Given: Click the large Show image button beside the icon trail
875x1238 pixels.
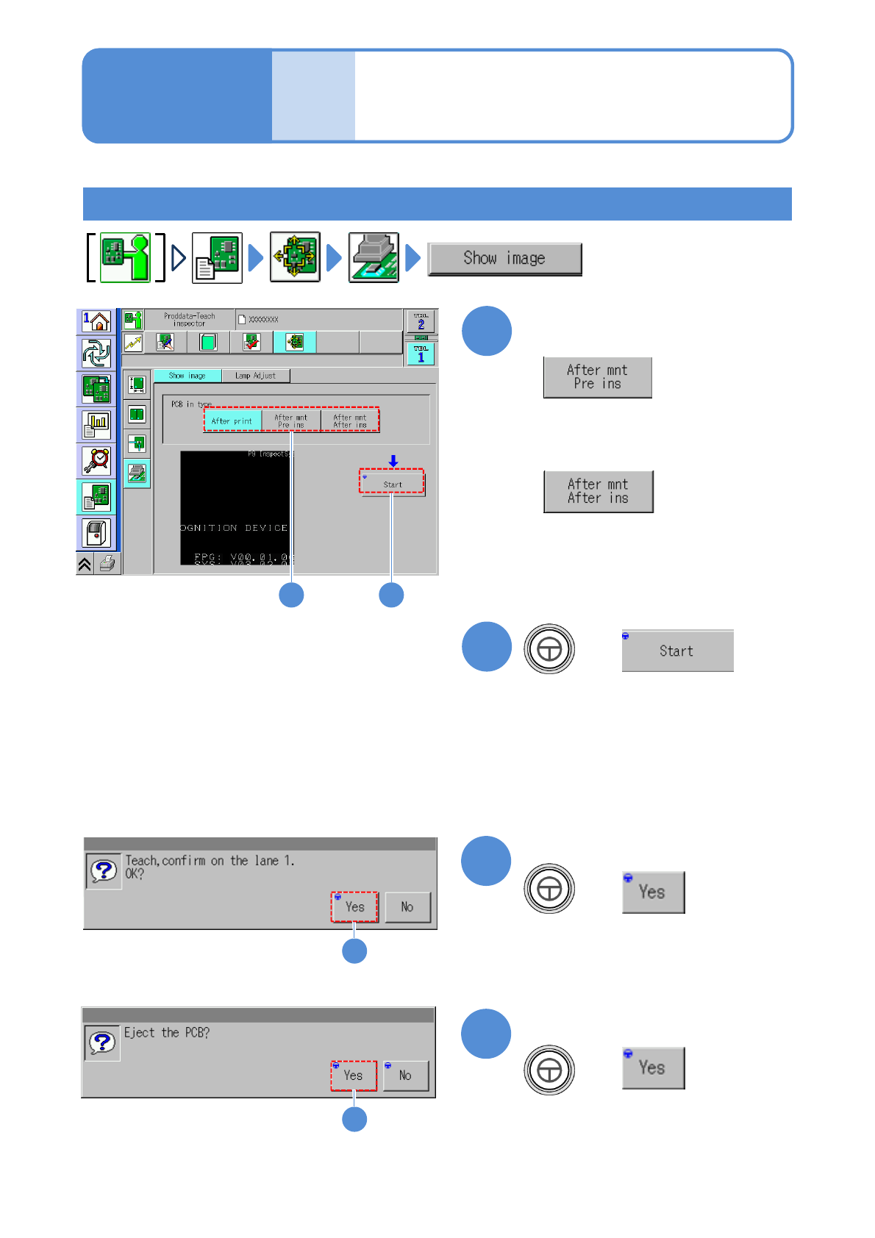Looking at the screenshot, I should pos(504,259).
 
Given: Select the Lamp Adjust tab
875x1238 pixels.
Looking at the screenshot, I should pos(255,376).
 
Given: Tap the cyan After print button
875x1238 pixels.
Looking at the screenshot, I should pos(232,421).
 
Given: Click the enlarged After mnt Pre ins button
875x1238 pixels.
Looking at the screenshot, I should pos(597,377).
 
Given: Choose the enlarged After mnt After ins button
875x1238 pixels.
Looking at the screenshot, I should pos(598,491).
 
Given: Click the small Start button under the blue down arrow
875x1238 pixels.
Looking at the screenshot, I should pos(393,484).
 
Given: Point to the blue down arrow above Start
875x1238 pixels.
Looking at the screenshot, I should pos(393,461).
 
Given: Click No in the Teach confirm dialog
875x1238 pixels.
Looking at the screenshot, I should pos(407,907).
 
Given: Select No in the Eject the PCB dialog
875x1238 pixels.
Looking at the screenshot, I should pos(405,1076).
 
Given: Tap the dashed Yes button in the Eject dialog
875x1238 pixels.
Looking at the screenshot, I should pos(354,1076).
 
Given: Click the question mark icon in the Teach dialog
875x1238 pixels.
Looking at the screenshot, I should pos(104,871).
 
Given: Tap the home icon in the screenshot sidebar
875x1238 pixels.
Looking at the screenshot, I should pos(96,321).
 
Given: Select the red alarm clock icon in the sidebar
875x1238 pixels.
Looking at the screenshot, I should pos(96,461).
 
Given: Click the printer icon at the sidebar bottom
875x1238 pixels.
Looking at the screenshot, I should pos(107,564).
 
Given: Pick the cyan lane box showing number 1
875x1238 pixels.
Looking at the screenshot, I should pos(421,354).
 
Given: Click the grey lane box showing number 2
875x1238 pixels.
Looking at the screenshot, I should pos(421,321).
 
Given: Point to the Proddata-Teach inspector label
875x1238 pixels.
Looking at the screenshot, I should pos(190,320).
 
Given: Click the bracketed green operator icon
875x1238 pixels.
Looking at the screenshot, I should pos(125,257).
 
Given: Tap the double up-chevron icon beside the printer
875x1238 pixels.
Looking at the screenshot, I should pos(85,564).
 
